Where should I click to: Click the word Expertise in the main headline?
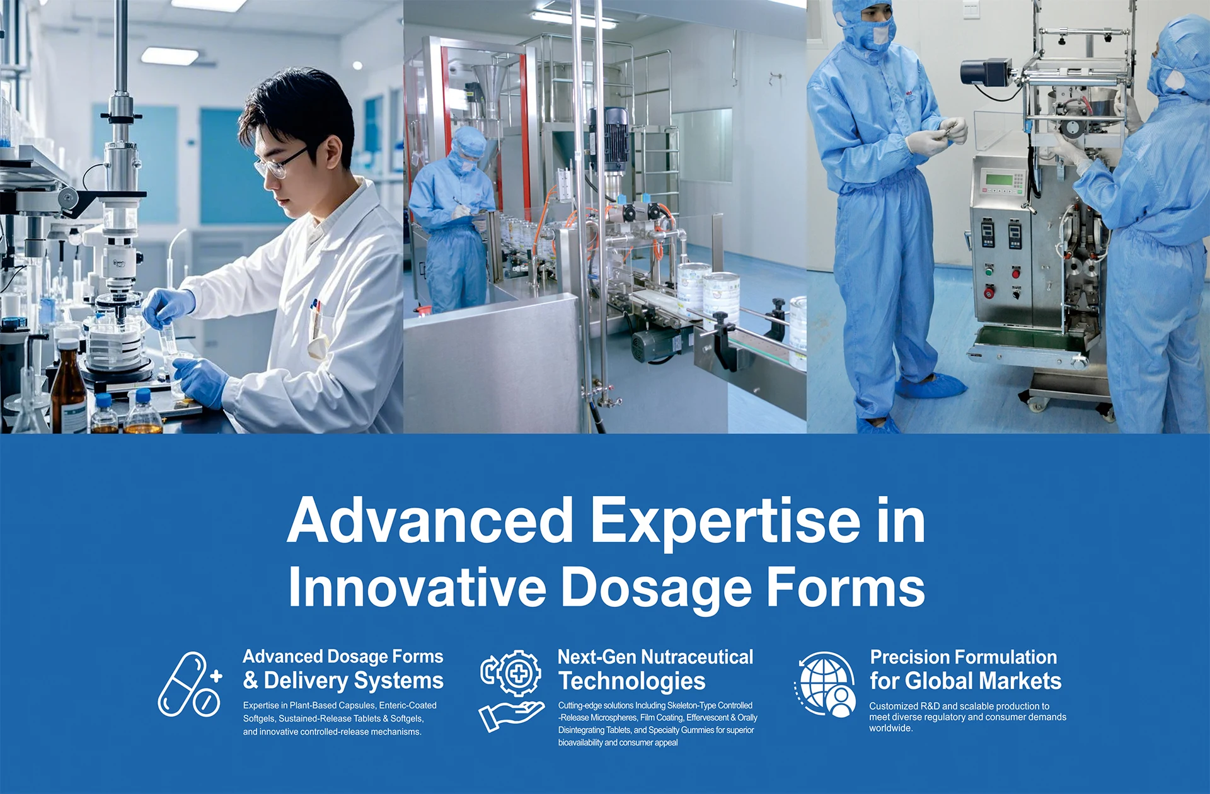click(725, 521)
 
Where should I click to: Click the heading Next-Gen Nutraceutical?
click(655, 657)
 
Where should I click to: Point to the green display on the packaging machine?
click(999, 180)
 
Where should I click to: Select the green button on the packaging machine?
click(988, 272)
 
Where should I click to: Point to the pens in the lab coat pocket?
click(316, 309)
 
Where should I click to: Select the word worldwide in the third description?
click(890, 729)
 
